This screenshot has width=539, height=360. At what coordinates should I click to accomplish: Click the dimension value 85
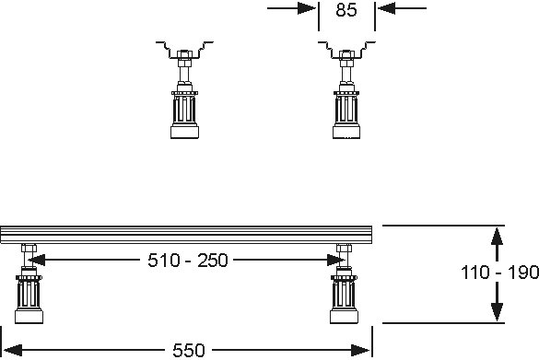coord(346,10)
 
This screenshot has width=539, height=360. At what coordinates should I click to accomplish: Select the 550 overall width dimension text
coord(189,351)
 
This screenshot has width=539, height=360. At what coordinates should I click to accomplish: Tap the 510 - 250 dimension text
coord(188,260)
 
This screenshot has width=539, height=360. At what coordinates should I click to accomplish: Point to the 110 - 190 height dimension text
coord(499,272)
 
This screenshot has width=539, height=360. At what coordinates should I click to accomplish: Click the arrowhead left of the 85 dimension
coord(306,8)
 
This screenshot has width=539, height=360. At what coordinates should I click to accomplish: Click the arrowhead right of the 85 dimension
coord(386,8)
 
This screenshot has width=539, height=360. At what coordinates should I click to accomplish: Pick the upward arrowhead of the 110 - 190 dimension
coord(497,237)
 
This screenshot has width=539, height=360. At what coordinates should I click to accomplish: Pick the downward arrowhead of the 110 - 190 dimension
coord(497,311)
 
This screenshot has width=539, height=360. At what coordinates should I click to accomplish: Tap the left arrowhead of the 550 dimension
coord(13,351)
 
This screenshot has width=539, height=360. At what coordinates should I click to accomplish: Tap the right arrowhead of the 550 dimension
coord(360,351)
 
